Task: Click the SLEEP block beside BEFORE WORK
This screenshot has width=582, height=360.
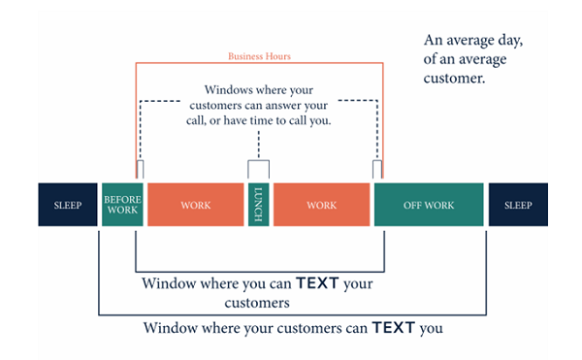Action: click(x=68, y=205)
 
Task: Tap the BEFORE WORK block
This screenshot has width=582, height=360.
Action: click(x=123, y=205)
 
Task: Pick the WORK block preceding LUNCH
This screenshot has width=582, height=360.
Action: click(x=195, y=205)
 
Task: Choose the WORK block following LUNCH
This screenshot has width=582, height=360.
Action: click(x=321, y=205)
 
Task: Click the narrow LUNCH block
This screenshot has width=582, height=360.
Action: click(x=258, y=205)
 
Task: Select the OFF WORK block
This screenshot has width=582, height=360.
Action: click(x=429, y=205)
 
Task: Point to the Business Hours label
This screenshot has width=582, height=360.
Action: click(x=258, y=56)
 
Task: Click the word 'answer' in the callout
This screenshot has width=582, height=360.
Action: click(x=291, y=105)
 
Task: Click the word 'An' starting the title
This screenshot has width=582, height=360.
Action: click(x=434, y=42)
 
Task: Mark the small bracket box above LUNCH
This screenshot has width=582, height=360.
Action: click(x=258, y=170)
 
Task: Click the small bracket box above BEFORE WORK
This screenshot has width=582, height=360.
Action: click(x=140, y=170)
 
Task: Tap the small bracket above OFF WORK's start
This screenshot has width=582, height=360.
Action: click(x=377, y=170)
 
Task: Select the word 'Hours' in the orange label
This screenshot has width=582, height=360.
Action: click(x=275, y=56)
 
